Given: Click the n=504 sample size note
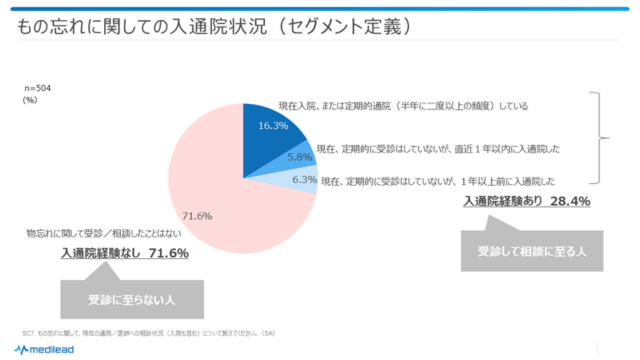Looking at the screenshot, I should coord(39,88).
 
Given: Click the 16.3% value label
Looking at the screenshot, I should coord(273,126).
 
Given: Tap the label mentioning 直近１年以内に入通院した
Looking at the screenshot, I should coord(436,148).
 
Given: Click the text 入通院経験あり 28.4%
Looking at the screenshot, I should coord(525,201).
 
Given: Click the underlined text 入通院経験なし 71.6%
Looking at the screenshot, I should coord(125,254).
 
